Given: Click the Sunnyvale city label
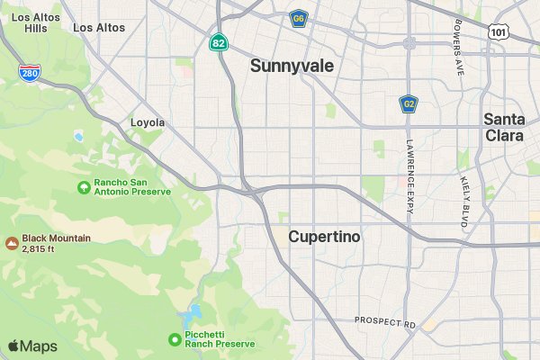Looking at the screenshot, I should (x=292, y=66).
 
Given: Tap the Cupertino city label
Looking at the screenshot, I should (x=324, y=237).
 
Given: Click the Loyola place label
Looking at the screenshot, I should (x=148, y=122).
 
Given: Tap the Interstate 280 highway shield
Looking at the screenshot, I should (x=29, y=73).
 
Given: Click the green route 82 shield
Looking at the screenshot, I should (x=219, y=42).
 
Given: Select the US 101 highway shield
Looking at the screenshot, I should (x=499, y=31).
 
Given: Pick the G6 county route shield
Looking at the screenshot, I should (x=299, y=18).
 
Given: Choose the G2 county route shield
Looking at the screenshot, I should (x=409, y=104).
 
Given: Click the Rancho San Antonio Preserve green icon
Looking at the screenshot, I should (x=84, y=188).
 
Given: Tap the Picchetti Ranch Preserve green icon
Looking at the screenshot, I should (x=175, y=339).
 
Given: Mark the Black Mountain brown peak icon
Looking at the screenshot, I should (x=12, y=243).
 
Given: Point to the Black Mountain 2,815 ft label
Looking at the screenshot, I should (x=56, y=243).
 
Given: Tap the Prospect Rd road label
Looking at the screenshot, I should (x=384, y=321).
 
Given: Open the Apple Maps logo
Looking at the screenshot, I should (x=32, y=346).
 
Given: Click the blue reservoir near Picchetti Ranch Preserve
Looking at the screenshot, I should (x=191, y=315).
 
